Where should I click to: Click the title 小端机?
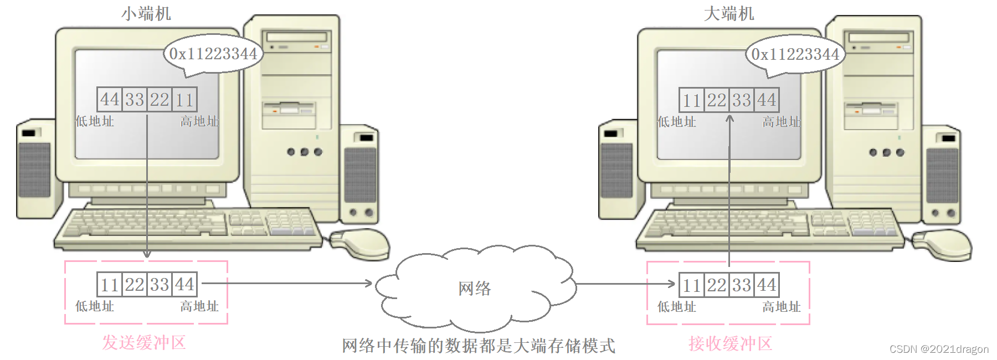point(146,13)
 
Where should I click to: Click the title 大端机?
point(728,13)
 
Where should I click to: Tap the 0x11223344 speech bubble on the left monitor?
point(213,54)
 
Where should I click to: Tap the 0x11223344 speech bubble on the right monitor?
point(795,54)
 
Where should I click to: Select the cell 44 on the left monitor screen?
point(110,100)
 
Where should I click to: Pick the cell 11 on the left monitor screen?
point(184,100)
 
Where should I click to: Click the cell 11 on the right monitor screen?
point(692,100)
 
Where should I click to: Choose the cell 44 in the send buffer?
point(184,285)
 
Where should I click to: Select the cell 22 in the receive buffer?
point(717,285)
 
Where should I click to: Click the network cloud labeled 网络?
point(475,288)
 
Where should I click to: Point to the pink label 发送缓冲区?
point(144,342)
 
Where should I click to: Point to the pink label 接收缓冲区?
point(730,343)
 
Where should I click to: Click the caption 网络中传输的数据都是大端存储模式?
point(478,346)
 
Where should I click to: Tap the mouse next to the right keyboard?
point(943,244)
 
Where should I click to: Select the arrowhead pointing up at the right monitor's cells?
point(729,119)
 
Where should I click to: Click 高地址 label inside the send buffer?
point(199,306)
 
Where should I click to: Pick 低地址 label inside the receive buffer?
point(676,306)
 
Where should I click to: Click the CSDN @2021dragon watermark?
point(939,349)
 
